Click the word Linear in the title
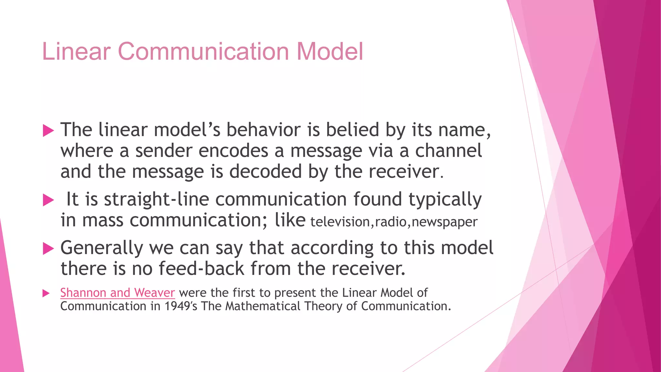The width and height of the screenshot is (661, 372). [x=76, y=51]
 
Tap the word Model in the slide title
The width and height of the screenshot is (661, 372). [x=330, y=51]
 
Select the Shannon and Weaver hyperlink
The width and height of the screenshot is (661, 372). [x=117, y=293]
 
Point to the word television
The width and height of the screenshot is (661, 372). [x=340, y=222]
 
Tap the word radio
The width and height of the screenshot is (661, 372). [x=391, y=222]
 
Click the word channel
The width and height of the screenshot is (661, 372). [x=448, y=151]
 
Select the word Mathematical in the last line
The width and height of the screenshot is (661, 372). [x=263, y=306]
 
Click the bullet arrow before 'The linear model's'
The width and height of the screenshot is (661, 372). [x=48, y=131]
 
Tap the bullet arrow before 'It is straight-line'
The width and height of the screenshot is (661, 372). [x=48, y=200]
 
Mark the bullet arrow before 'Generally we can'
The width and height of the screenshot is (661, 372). [x=48, y=249]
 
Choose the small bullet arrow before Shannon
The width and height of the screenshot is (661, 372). [x=46, y=293]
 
